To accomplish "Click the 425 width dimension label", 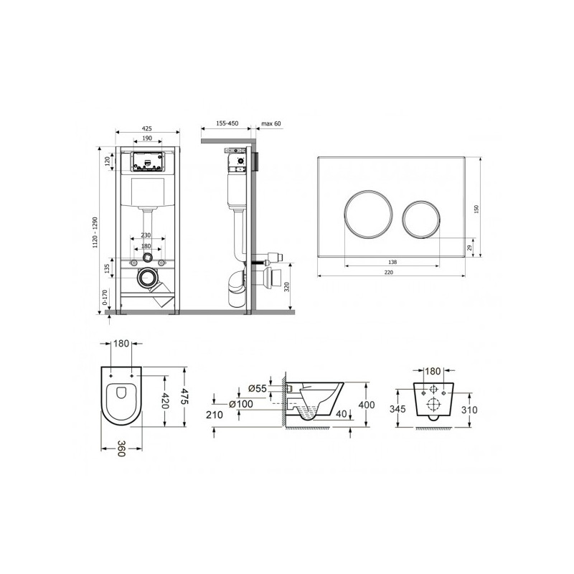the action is (x=147, y=128).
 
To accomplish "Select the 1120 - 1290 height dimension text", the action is (x=95, y=232).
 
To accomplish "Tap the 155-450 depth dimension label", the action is (x=227, y=123).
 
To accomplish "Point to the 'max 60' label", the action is (x=271, y=123).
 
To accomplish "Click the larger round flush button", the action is (x=368, y=214).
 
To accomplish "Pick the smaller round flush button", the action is (x=421, y=219).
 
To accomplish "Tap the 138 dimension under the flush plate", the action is (x=392, y=262).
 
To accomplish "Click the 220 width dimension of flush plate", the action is (x=389, y=273).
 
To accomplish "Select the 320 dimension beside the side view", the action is (x=287, y=286).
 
